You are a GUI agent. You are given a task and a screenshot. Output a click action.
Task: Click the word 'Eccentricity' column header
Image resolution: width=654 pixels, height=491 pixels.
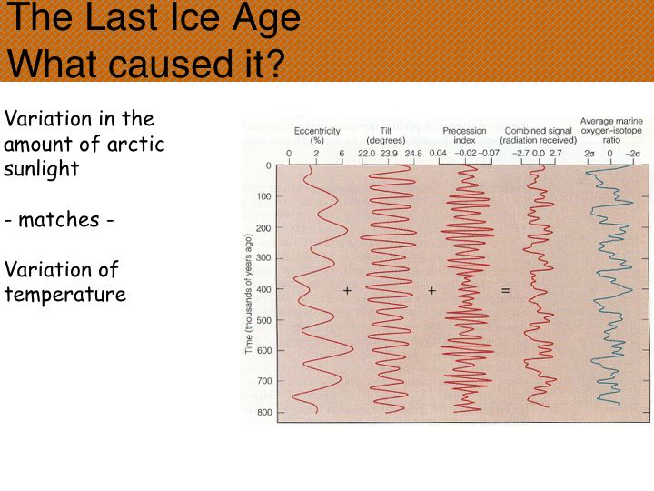pyautogui.click(x=317, y=131)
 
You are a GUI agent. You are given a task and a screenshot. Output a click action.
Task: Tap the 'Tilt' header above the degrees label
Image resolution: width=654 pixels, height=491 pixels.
pyautogui.click(x=386, y=131)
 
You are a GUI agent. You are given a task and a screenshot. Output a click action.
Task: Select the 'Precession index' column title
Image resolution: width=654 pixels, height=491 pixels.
pyautogui.click(x=464, y=135)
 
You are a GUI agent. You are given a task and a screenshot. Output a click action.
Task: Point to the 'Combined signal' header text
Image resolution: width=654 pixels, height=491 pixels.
pyautogui.click(x=538, y=131)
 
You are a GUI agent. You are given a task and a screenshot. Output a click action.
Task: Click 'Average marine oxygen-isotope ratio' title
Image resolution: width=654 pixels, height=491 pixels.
pyautogui.click(x=611, y=130)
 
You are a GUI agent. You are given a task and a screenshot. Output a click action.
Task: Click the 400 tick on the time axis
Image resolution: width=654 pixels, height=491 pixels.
pyautogui.click(x=263, y=289)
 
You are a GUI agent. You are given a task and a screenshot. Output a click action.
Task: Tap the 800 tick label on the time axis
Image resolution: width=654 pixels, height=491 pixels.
pyautogui.click(x=263, y=412)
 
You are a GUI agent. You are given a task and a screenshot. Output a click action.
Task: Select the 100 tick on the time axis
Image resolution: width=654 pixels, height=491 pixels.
pyautogui.click(x=263, y=196)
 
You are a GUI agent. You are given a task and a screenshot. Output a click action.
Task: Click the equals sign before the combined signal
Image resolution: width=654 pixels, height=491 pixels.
pyautogui.click(x=505, y=290)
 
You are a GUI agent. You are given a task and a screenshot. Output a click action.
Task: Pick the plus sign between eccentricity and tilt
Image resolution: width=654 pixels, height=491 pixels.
pyautogui.click(x=347, y=290)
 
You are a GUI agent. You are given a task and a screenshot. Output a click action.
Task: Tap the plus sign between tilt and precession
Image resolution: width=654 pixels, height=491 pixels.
pyautogui.click(x=432, y=290)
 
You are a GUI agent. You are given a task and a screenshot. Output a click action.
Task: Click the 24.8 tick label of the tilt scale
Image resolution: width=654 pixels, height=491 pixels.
pyautogui.click(x=413, y=154)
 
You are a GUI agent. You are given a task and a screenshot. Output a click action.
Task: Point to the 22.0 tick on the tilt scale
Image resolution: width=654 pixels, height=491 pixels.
pyautogui.click(x=366, y=154)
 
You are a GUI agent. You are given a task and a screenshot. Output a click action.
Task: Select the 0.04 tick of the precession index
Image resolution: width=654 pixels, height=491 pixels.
pyautogui.click(x=438, y=154)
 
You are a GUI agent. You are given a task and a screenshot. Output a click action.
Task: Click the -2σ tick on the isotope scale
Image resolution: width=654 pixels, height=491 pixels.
pyautogui.click(x=633, y=154)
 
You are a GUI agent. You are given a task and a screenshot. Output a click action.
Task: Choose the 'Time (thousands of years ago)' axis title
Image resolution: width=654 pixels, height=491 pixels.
pyautogui.click(x=249, y=294)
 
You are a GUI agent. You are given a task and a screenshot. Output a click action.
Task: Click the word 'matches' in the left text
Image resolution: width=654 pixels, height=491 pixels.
pyautogui.click(x=59, y=219)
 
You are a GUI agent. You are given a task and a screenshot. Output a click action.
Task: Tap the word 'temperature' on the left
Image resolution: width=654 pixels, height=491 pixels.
pyautogui.click(x=65, y=295)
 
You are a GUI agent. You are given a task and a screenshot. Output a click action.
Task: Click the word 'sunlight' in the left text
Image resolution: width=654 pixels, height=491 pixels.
pyautogui.click(x=41, y=169)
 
